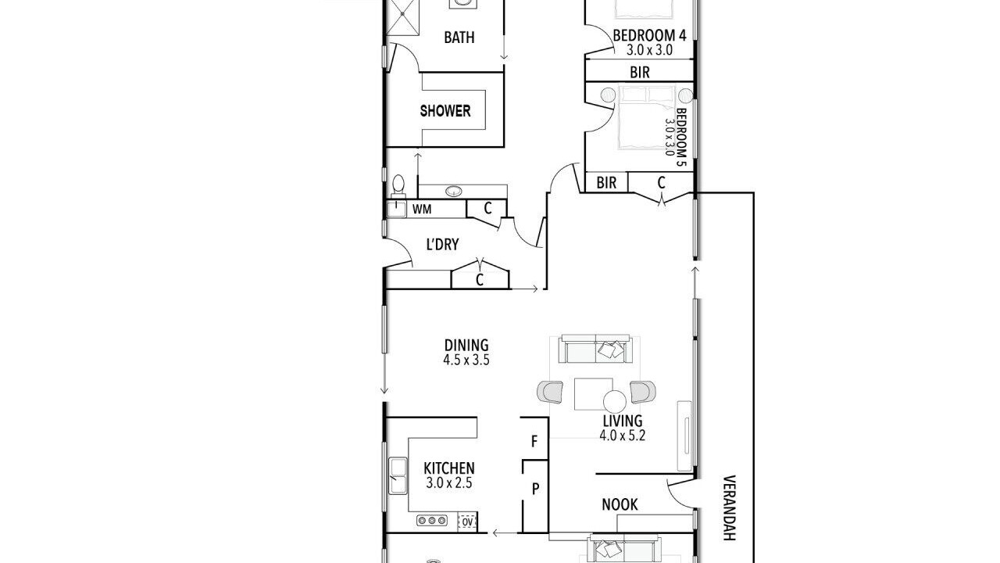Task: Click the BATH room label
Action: pos(459,38)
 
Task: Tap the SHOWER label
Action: pos(445,111)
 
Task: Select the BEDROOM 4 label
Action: pos(649,35)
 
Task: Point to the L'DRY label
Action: pos(442,245)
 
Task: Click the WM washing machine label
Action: pos(422,209)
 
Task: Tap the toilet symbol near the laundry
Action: pos(398,186)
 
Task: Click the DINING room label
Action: pos(466,346)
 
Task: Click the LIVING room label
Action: pos(623,421)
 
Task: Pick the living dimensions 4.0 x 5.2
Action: pos(623,436)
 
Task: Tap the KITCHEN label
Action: pos(448,468)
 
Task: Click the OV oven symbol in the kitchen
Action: pos(467,522)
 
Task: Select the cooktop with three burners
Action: pos(432,521)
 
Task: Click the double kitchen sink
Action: pos(398,475)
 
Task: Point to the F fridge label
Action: pos(534,442)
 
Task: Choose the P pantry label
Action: pos(535,489)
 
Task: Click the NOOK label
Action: pos(620,505)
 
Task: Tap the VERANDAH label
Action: pos(729,507)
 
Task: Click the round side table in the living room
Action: pos(615,402)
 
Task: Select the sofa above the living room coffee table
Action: pos(595,349)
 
